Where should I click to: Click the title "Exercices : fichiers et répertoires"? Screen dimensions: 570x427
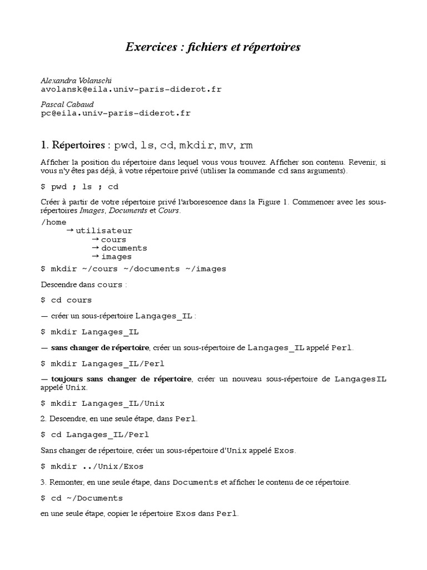(213, 47)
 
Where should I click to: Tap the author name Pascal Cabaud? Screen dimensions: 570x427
(67, 104)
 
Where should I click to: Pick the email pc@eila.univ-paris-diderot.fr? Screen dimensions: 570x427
(116, 112)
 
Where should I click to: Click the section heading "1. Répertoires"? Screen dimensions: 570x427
(73, 146)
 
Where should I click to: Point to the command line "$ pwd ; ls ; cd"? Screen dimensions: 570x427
(80, 186)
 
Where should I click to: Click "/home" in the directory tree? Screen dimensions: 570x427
(54, 222)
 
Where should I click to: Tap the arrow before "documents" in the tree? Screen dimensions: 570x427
(96, 248)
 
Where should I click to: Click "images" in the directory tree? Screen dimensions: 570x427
(116, 257)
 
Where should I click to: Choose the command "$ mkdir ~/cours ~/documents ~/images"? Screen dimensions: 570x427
(133, 268)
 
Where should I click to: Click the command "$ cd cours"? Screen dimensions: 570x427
(66, 299)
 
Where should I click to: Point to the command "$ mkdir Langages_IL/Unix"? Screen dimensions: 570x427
(103, 402)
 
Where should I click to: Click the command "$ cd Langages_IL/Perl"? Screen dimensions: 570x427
(95, 434)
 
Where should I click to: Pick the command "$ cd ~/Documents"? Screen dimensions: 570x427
(82, 498)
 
